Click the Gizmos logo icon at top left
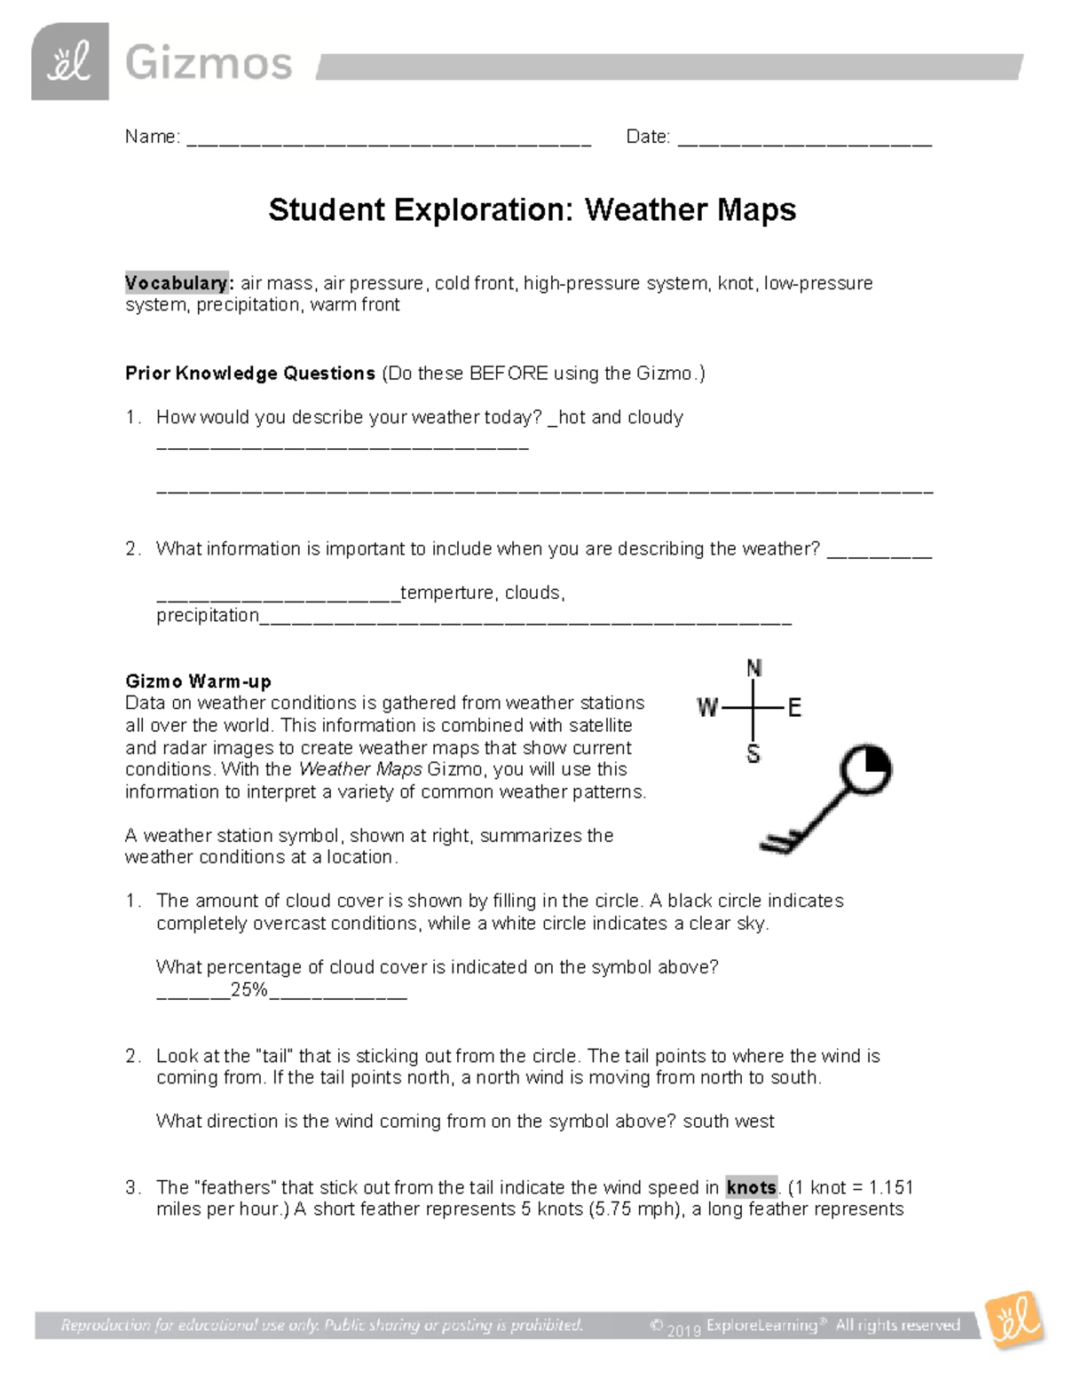pyautogui.click(x=69, y=61)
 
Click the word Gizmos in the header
pyautogui.click(x=209, y=64)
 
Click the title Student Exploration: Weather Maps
pyautogui.click(x=532, y=210)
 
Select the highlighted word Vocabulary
pyautogui.click(x=177, y=283)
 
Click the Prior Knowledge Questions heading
pyautogui.click(x=250, y=374)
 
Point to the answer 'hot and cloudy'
pyautogui.click(x=620, y=417)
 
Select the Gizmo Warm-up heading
pyautogui.click(x=198, y=681)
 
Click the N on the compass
pyautogui.click(x=753, y=669)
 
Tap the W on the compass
pyautogui.click(x=707, y=708)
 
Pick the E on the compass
pyautogui.click(x=794, y=708)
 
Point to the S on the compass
pyautogui.click(x=753, y=754)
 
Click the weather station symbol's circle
pyautogui.click(x=865, y=770)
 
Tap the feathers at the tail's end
pyautogui.click(x=779, y=841)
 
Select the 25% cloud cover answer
pyautogui.click(x=249, y=989)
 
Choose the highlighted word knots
pyautogui.click(x=751, y=1187)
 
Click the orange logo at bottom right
pyautogui.click(x=1014, y=1321)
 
